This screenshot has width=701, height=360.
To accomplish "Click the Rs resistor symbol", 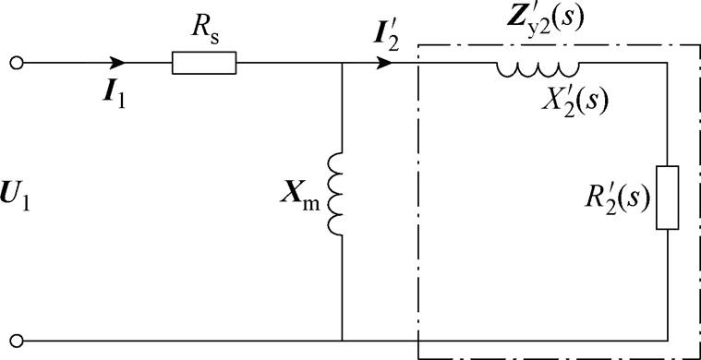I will tap(204, 64).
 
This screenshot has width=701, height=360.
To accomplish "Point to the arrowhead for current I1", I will tap(117, 64).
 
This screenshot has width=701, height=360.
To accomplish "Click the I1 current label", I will tap(115, 93).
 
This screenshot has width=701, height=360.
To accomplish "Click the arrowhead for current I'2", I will tap(385, 64).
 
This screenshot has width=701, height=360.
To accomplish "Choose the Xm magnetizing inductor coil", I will tap(336, 195).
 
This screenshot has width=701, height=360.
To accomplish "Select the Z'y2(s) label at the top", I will tap(538, 22).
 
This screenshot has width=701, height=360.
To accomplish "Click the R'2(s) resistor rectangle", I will tap(667, 198).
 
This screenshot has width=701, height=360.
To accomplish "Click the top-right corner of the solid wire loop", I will tap(667, 64).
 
